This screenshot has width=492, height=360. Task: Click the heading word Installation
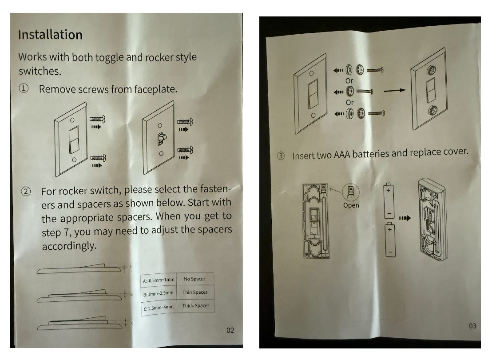pyautogui.click(x=50, y=35)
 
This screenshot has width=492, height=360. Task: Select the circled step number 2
pyautogui.click(x=26, y=192)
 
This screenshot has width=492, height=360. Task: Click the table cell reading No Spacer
pyautogui.click(x=194, y=279)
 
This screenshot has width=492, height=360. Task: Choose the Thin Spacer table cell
pyautogui.click(x=194, y=292)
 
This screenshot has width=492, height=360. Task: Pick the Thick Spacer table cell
pyautogui.click(x=195, y=306)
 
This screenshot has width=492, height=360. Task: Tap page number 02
pyautogui.click(x=230, y=330)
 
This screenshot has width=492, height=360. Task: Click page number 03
pyautogui.click(x=472, y=326)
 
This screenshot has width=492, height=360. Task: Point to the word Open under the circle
pyautogui.click(x=351, y=205)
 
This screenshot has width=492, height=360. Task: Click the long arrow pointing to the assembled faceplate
pyautogui.click(x=395, y=90)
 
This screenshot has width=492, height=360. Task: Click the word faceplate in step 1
pyautogui.click(x=155, y=89)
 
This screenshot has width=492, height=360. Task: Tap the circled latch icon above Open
pyautogui.click(x=351, y=192)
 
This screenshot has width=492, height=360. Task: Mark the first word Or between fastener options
pyautogui.click(x=349, y=80)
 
